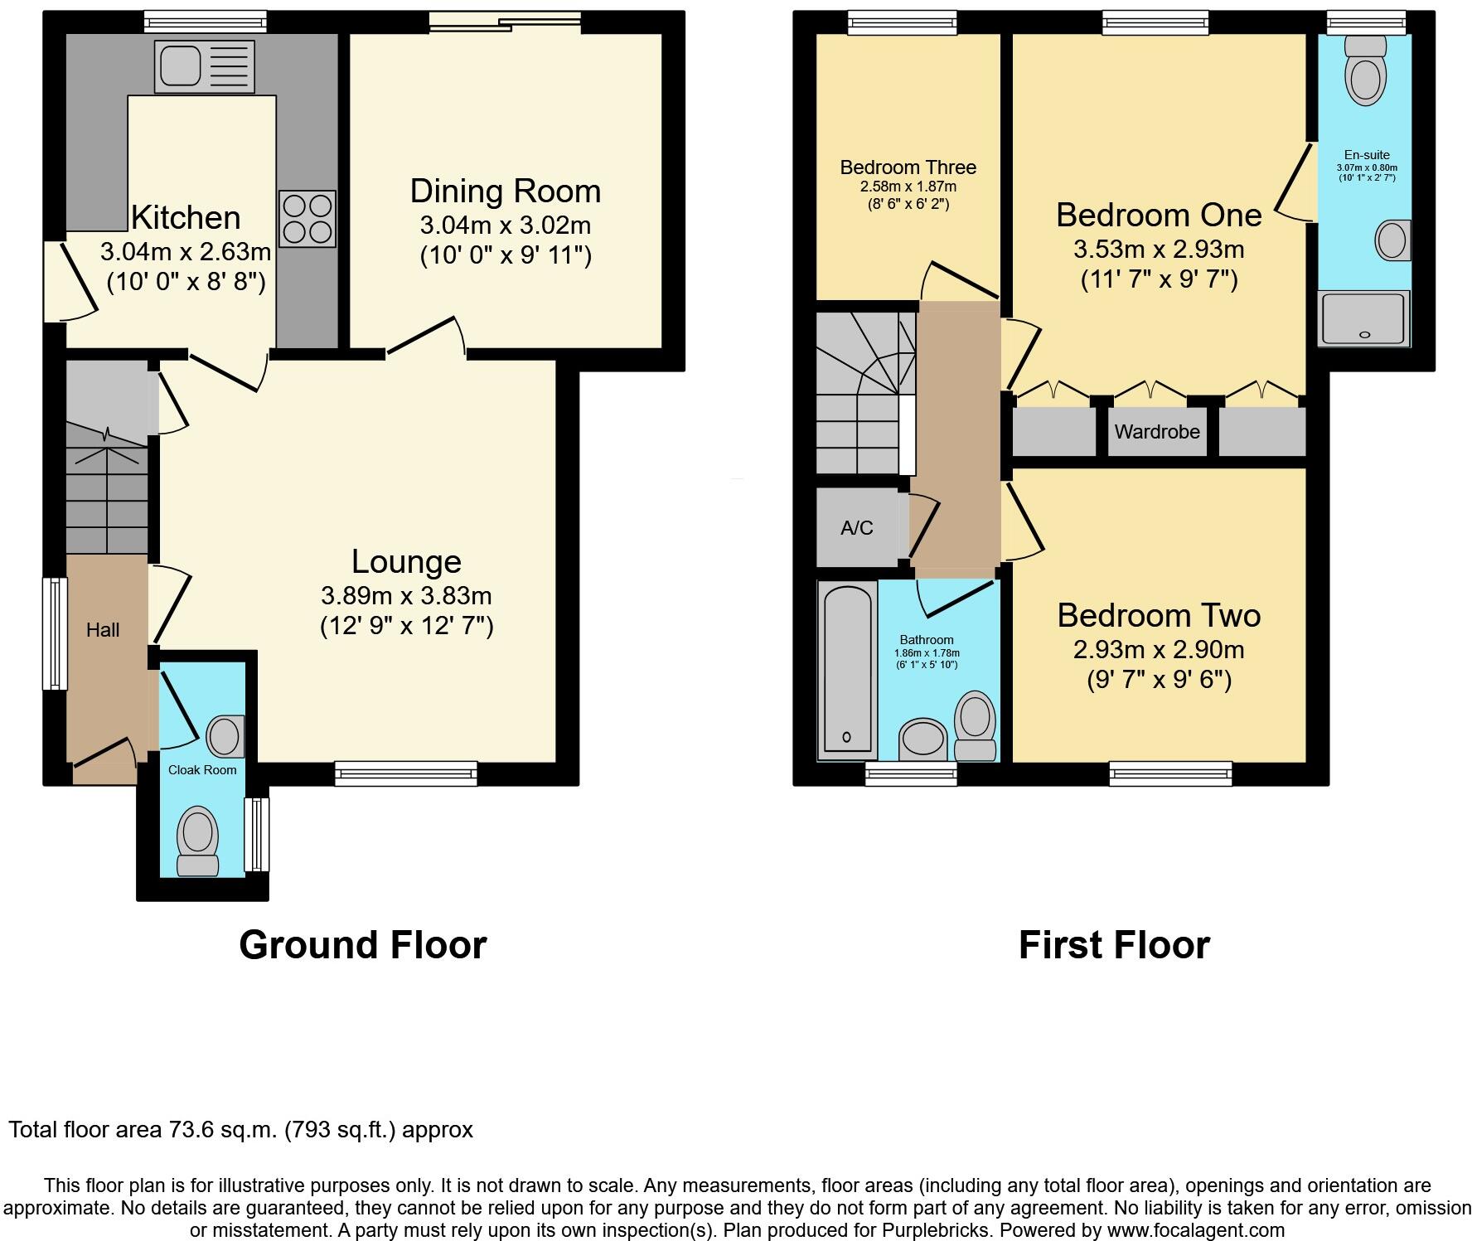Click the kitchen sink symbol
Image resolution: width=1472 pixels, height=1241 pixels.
point(204,66)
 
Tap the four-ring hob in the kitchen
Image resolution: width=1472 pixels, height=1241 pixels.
point(307,219)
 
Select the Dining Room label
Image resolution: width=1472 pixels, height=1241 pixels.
point(505,191)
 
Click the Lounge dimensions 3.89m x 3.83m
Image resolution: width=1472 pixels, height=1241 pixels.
point(406,595)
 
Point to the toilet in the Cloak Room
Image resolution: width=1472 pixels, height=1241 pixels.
point(198,840)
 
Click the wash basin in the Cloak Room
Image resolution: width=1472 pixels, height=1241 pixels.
point(224,735)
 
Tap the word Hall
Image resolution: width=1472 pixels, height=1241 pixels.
point(103,630)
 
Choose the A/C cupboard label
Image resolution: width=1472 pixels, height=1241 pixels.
point(856,528)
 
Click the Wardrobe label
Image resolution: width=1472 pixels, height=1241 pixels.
point(1157,432)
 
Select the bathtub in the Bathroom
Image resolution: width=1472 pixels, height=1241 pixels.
point(846,670)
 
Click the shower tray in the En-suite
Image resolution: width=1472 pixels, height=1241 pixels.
point(1363,318)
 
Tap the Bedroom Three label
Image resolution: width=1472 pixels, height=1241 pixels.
point(908,167)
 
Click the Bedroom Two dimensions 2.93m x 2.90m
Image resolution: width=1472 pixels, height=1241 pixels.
point(1159,650)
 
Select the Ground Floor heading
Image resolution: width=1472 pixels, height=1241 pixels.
point(362,945)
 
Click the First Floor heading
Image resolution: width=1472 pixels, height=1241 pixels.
point(1113,945)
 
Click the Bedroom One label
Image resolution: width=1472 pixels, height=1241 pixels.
point(1159,216)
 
